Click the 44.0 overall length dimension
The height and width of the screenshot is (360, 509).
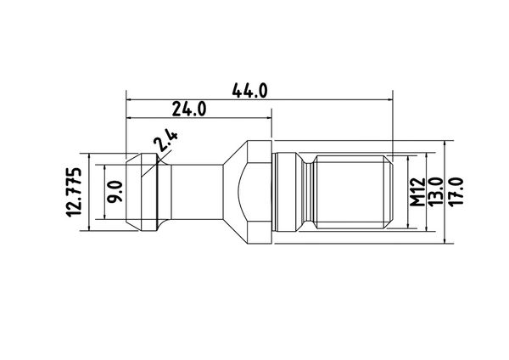click(x=249, y=90)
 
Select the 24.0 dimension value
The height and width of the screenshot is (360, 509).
click(x=189, y=109)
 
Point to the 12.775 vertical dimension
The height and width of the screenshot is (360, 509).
click(x=73, y=192)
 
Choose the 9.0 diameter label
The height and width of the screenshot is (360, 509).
click(x=115, y=192)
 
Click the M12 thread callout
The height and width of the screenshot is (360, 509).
click(x=417, y=192)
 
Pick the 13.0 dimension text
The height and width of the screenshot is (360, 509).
click(x=436, y=191)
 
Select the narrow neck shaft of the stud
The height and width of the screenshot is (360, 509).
click(x=197, y=192)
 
